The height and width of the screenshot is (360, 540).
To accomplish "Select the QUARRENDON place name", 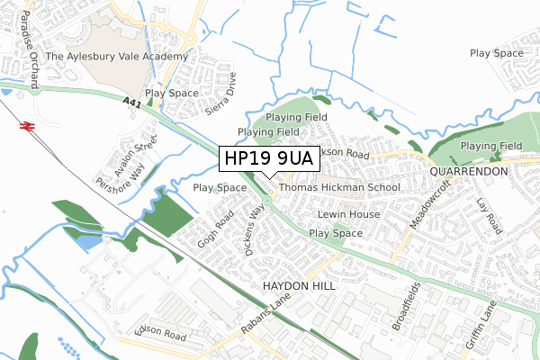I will point(470,171).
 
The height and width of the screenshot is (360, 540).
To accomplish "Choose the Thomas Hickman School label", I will point(338,188).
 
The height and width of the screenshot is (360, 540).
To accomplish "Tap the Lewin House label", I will point(348,215).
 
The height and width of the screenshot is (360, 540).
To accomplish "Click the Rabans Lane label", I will point(262,318).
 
